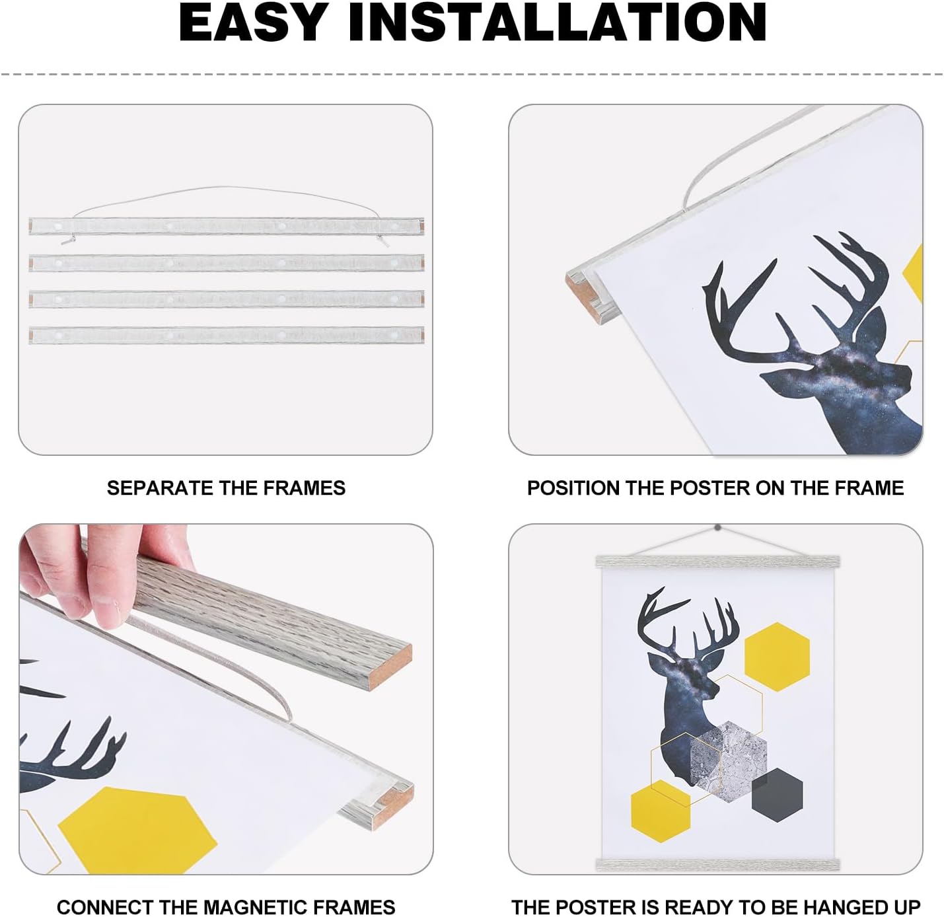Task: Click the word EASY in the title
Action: pos(252,23)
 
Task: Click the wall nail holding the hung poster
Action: pos(717,527)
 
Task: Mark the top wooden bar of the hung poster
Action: pos(717,562)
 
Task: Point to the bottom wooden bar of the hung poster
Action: pos(717,863)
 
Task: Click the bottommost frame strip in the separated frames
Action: pos(227,335)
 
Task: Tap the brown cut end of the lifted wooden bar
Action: pos(390,667)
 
